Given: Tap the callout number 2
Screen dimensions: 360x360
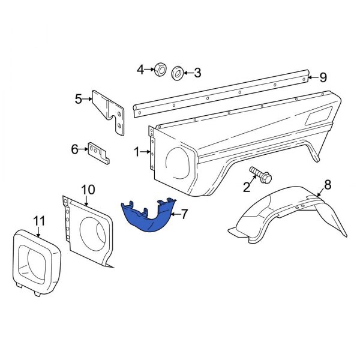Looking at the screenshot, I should tap(247, 187).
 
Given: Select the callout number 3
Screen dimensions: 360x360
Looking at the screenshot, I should tap(197, 74).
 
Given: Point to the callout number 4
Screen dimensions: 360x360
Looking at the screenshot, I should tap(141, 70).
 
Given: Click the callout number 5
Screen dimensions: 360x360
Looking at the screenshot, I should tap(79, 99).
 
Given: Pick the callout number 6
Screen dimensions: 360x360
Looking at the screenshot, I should tap(75, 149).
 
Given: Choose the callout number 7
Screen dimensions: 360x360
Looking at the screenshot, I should tap(184, 213).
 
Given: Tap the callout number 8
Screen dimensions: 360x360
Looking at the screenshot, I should tap(328, 184).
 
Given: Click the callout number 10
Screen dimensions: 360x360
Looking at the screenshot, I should tap(88, 190).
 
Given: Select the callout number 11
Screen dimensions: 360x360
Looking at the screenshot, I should tap(39, 222).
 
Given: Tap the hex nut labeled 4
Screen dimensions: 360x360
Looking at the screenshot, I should tap(160, 70).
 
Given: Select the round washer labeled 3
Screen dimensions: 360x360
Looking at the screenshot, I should tap(178, 73).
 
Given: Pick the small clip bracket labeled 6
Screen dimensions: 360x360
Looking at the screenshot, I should tap(98, 152).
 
